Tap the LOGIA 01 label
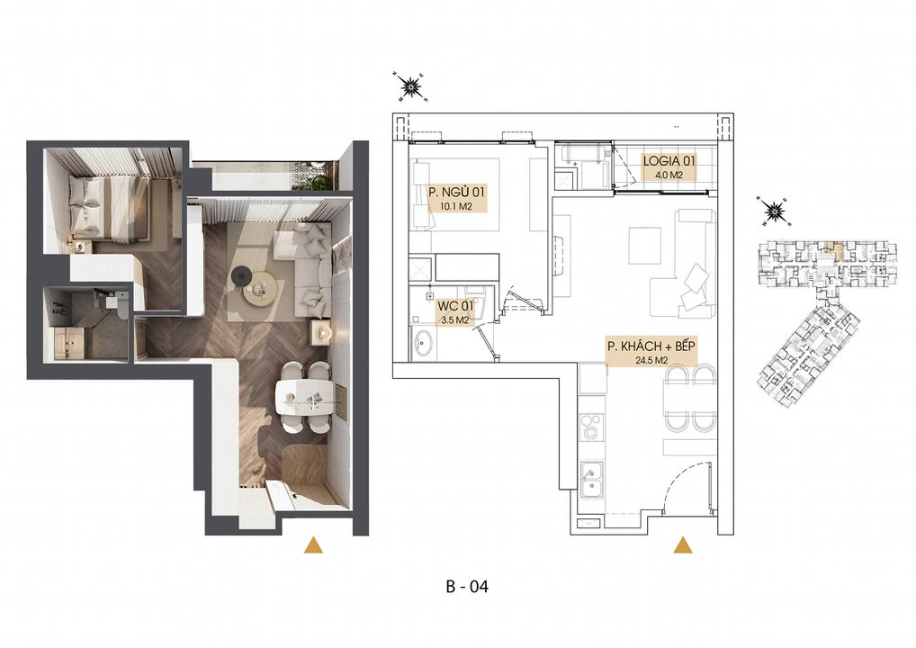coord(669,162)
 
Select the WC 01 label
coord(454,306)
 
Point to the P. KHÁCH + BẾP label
coord(651,346)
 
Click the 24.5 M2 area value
coord(651,360)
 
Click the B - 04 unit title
coord(466,587)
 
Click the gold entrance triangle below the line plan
coord(683,544)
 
